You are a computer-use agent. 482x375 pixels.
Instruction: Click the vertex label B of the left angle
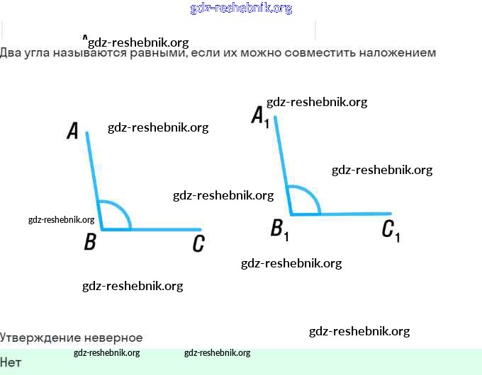(x=90, y=243)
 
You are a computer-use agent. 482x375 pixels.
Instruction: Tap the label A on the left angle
(x=72, y=131)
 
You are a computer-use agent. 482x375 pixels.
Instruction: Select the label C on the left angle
(x=198, y=244)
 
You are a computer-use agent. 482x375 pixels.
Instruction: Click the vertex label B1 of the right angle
(x=279, y=229)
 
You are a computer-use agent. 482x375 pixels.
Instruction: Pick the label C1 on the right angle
(x=391, y=230)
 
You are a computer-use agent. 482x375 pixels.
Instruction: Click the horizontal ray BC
(x=163, y=229)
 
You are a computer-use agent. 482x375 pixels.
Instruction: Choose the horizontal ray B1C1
(x=354, y=213)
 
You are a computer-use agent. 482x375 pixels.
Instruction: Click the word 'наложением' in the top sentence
(x=397, y=52)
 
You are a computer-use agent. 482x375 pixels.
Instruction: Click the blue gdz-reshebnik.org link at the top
(x=241, y=8)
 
